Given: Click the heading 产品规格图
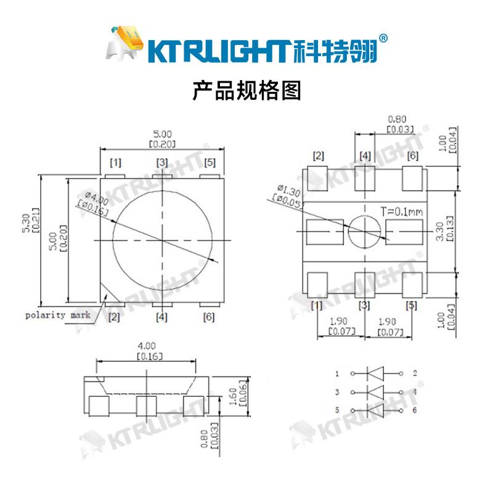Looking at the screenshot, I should point(246,91).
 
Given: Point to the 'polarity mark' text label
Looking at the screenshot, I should point(57,315).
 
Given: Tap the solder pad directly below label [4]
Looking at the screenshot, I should point(365,180).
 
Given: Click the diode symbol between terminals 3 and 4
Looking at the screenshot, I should point(375,392).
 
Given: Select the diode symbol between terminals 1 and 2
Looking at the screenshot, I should point(375,373).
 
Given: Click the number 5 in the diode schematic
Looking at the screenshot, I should point(337,410).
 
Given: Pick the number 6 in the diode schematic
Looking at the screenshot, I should point(415,410).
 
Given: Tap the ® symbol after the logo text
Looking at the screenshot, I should point(383,38).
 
